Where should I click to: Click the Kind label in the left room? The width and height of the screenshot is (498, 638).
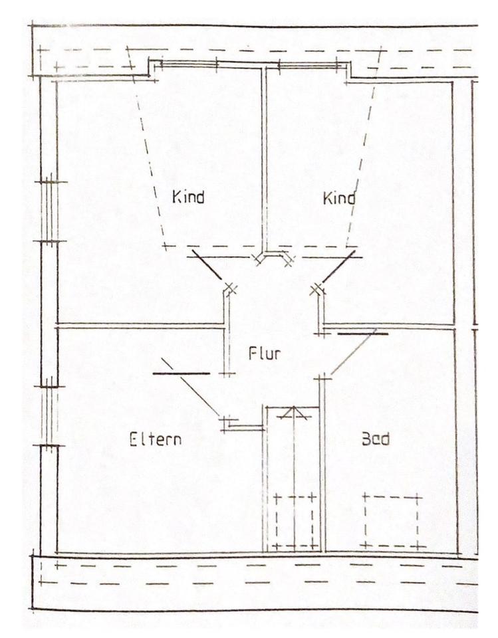coord(187,197)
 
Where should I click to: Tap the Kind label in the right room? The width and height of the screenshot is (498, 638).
coord(338,198)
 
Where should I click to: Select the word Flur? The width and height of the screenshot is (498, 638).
coord(264,354)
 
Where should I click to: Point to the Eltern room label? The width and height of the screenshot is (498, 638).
coord(155,439)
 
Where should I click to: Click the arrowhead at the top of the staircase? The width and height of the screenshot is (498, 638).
coord(293,413)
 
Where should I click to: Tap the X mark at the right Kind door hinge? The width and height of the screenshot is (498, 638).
coord(317,288)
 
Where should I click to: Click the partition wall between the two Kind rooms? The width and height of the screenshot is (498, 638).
coord(264,159)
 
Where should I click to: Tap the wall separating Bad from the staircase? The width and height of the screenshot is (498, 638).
coord(322,465)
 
